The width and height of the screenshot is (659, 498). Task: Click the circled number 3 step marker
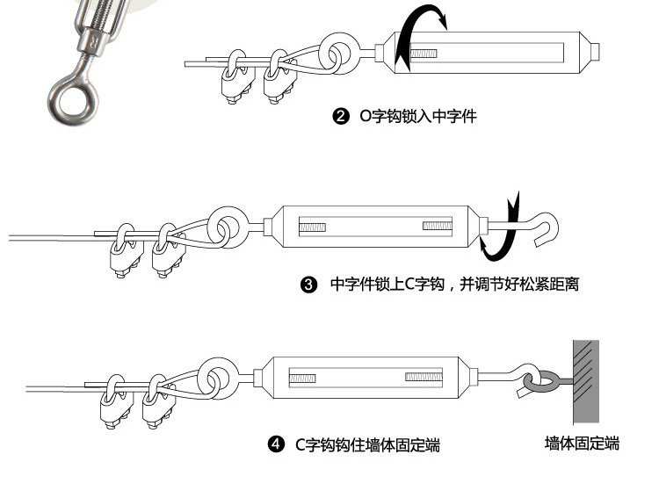click(x=308, y=285)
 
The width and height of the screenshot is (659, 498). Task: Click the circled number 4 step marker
click(x=276, y=445)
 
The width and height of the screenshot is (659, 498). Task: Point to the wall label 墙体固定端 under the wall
click(x=582, y=444)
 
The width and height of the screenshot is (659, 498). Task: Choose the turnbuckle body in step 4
click(x=365, y=379)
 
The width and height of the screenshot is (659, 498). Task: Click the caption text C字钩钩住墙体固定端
click(x=367, y=445)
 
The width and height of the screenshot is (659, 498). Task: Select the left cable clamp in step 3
click(x=122, y=249)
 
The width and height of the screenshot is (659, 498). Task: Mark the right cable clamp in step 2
click(x=277, y=77)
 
